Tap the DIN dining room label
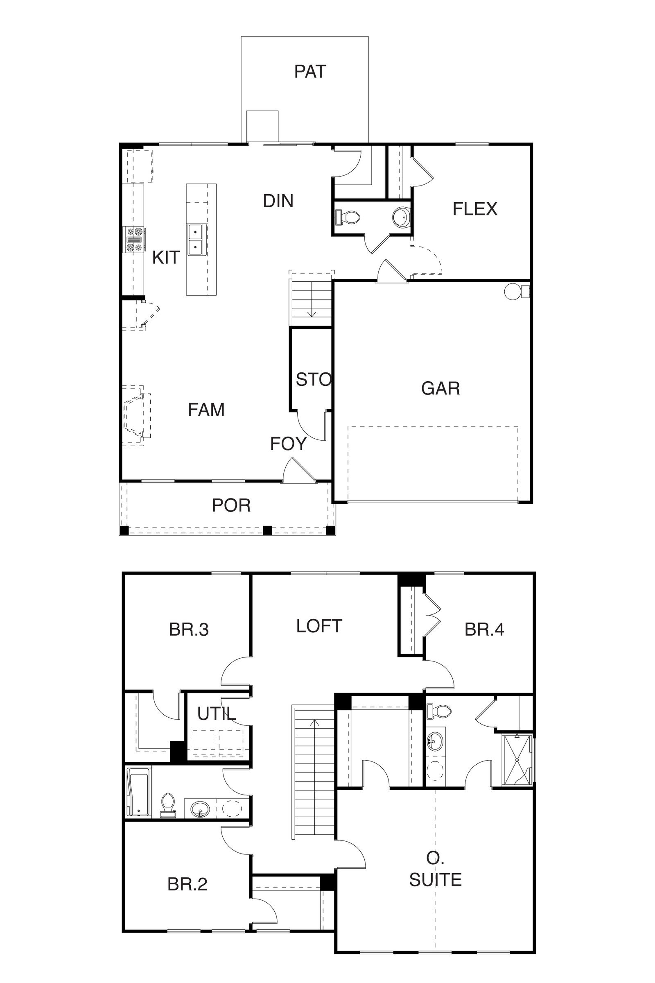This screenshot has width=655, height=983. [x=278, y=201]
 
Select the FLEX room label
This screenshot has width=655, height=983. [x=475, y=209]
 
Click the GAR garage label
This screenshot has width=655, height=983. [x=441, y=388]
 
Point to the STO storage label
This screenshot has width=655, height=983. [x=314, y=380]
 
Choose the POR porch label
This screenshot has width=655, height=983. [x=231, y=505]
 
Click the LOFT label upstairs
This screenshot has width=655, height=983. [x=319, y=626]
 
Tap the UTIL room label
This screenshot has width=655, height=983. [x=217, y=714]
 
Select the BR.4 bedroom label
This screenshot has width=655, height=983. [x=484, y=630]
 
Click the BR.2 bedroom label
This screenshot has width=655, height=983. [x=187, y=884]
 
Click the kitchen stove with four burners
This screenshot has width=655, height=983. [x=134, y=240]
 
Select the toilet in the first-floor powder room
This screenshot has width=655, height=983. [x=348, y=217]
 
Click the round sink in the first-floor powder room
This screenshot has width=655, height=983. [x=401, y=217]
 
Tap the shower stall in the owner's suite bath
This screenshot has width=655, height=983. [x=518, y=761]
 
